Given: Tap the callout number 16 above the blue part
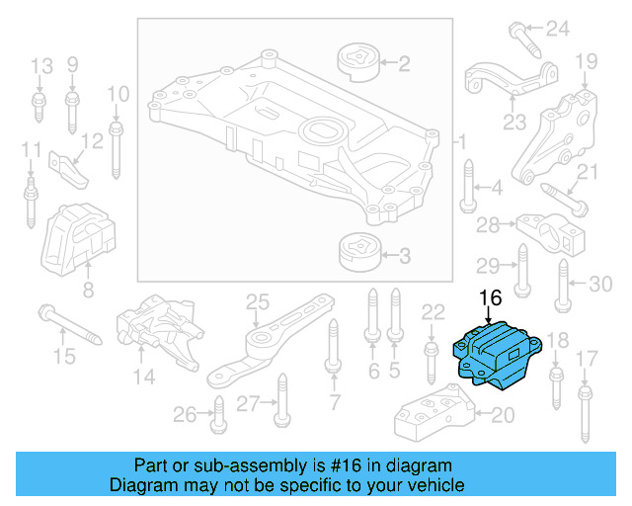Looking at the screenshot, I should [x=490, y=296].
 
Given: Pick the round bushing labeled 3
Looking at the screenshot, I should [x=359, y=253].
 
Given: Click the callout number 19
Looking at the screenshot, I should [x=587, y=61].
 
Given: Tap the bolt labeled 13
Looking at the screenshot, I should [x=39, y=107].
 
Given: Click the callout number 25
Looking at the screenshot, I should [x=257, y=300].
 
